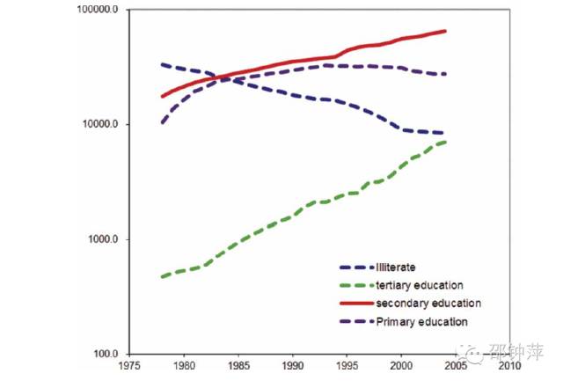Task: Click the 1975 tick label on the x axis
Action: (x=129, y=364)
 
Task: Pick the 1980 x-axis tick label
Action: (x=183, y=364)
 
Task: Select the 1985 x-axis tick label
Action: (x=238, y=364)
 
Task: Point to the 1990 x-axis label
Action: (x=292, y=364)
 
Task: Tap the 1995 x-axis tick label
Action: (x=347, y=364)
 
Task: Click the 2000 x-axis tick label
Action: (x=400, y=364)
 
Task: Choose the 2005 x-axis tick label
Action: (x=455, y=364)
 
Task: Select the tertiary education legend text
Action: (x=420, y=285)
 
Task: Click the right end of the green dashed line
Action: (x=446, y=142)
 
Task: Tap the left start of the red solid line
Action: (x=162, y=96)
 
